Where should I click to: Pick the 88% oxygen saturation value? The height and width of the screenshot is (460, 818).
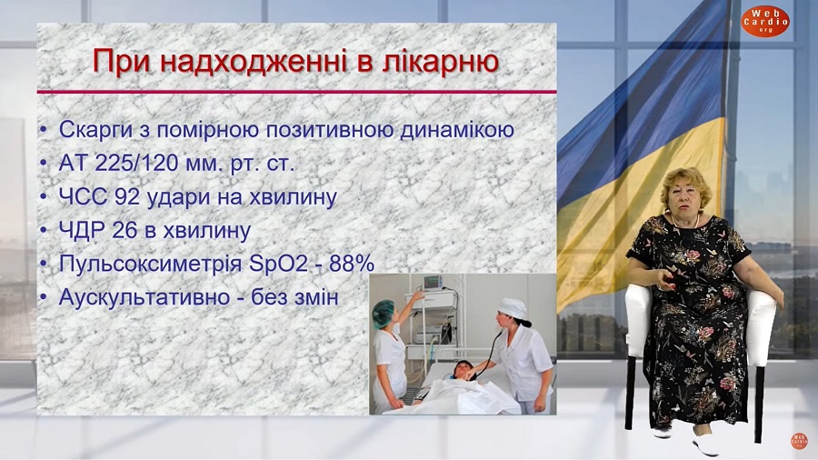[x=352, y=264]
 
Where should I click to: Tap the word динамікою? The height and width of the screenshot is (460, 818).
[x=457, y=130]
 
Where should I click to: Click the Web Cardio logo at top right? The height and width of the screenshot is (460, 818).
[x=764, y=21]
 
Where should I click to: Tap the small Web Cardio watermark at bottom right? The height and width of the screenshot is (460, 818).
[x=799, y=440]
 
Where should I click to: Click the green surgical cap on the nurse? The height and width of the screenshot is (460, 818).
[x=384, y=313]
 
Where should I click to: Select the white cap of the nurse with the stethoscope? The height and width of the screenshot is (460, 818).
[x=512, y=307]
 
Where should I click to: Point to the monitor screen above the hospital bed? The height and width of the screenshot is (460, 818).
[x=433, y=282]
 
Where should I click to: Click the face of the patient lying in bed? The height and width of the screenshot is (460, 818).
[x=463, y=369]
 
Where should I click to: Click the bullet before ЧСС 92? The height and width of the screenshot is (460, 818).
[x=44, y=198]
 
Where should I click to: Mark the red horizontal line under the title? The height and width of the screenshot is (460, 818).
[x=296, y=93]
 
